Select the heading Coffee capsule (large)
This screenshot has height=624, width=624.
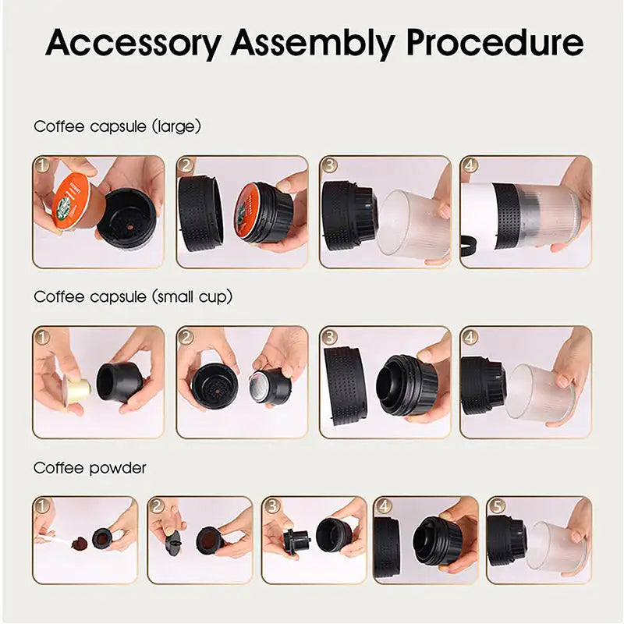[x=117, y=126]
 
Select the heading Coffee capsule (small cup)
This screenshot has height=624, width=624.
[x=133, y=296]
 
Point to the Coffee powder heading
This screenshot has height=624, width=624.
[x=90, y=468]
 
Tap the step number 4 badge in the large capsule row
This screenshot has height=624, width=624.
[x=470, y=166]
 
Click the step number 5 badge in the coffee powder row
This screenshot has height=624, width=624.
[x=496, y=506]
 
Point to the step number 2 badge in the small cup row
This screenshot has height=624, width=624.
[x=186, y=337]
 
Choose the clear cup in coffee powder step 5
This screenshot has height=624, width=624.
[x=553, y=546]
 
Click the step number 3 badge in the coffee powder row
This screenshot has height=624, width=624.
[x=271, y=506]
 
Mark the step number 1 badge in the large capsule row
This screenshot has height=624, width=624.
[x=43, y=166]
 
